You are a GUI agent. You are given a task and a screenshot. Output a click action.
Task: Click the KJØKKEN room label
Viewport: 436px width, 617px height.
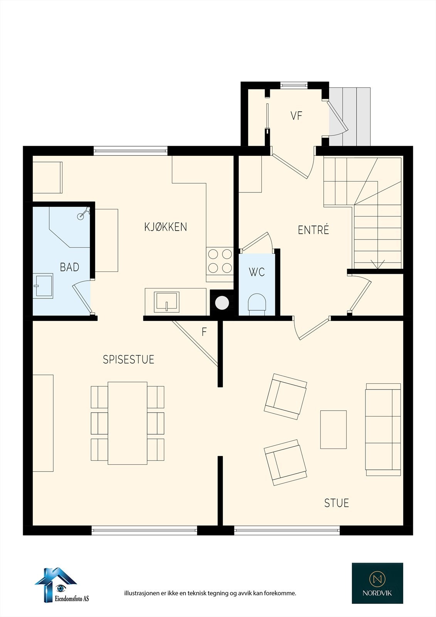[166, 227]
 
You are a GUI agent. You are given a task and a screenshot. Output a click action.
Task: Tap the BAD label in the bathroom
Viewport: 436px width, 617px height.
[69, 267]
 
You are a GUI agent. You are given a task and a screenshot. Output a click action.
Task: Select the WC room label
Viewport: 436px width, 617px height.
[257, 272]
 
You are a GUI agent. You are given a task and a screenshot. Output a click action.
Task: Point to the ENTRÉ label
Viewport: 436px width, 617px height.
[313, 230]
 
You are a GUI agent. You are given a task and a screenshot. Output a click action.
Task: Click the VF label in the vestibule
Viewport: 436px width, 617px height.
[296, 116]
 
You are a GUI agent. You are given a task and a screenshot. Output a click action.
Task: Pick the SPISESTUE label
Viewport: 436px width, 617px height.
[128, 359]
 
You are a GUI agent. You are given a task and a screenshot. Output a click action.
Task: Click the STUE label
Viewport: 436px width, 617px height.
[337, 503]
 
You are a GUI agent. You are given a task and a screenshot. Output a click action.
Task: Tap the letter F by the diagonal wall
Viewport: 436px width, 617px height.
[204, 332]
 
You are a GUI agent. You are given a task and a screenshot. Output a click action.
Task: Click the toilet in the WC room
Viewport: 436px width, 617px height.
[257, 303]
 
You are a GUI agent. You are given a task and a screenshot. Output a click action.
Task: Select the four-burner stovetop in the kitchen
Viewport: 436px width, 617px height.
[220, 261]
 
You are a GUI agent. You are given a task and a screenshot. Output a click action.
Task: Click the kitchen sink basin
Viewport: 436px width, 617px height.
[167, 302]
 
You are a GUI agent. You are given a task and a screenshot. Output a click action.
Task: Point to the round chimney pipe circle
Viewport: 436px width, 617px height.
[222, 303]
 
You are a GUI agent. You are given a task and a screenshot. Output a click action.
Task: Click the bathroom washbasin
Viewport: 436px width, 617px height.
[44, 285]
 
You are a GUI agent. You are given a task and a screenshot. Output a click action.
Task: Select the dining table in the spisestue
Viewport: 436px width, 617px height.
[128, 423]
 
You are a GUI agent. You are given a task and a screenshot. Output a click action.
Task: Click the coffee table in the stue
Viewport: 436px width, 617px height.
[333, 429]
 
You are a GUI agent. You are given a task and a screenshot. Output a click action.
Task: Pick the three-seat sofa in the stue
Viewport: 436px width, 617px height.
[383, 429]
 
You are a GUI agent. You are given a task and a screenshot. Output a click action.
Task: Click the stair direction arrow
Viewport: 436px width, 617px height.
[377, 265]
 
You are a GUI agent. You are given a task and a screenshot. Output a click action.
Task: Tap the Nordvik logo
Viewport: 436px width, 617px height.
[377, 583]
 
